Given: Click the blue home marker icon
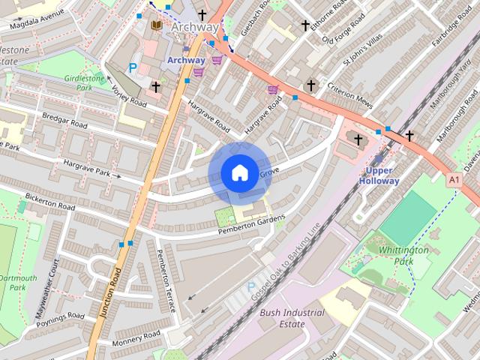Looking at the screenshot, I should [238, 173].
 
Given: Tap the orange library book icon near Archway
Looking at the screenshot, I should [157, 27].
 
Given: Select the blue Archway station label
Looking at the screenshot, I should [186, 60].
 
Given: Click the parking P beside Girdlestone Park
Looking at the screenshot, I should [133, 67].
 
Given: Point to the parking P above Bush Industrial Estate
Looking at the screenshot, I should [250, 288].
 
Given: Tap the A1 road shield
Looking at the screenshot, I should [454, 180].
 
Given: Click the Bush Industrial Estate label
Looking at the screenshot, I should [292, 319].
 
